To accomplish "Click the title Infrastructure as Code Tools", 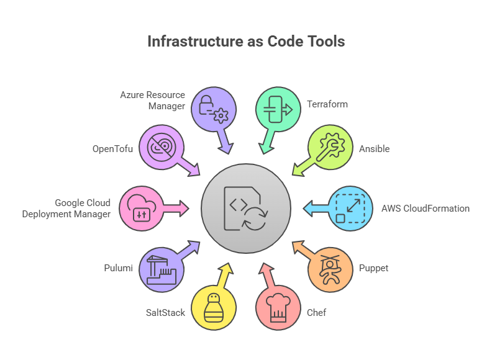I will pyautogui.click(x=246, y=42).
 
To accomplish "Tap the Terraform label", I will pyautogui.click(x=327, y=104).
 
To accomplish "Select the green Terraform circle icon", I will pyautogui.click(x=278, y=109).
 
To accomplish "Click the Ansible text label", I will pyautogui.click(x=375, y=149).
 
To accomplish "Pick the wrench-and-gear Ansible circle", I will pyautogui.click(x=330, y=146).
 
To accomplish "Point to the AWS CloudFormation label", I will pyautogui.click(x=426, y=209).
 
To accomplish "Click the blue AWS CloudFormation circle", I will pyautogui.click(x=350, y=209).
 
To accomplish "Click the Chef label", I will pyautogui.click(x=317, y=312).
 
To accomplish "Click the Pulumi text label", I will pyautogui.click(x=117, y=269).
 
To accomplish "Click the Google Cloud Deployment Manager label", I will pyautogui.click(x=75, y=209).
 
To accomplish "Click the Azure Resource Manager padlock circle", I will pyautogui.click(x=214, y=109).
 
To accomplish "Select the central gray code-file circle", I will pyautogui.click(x=246, y=209).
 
